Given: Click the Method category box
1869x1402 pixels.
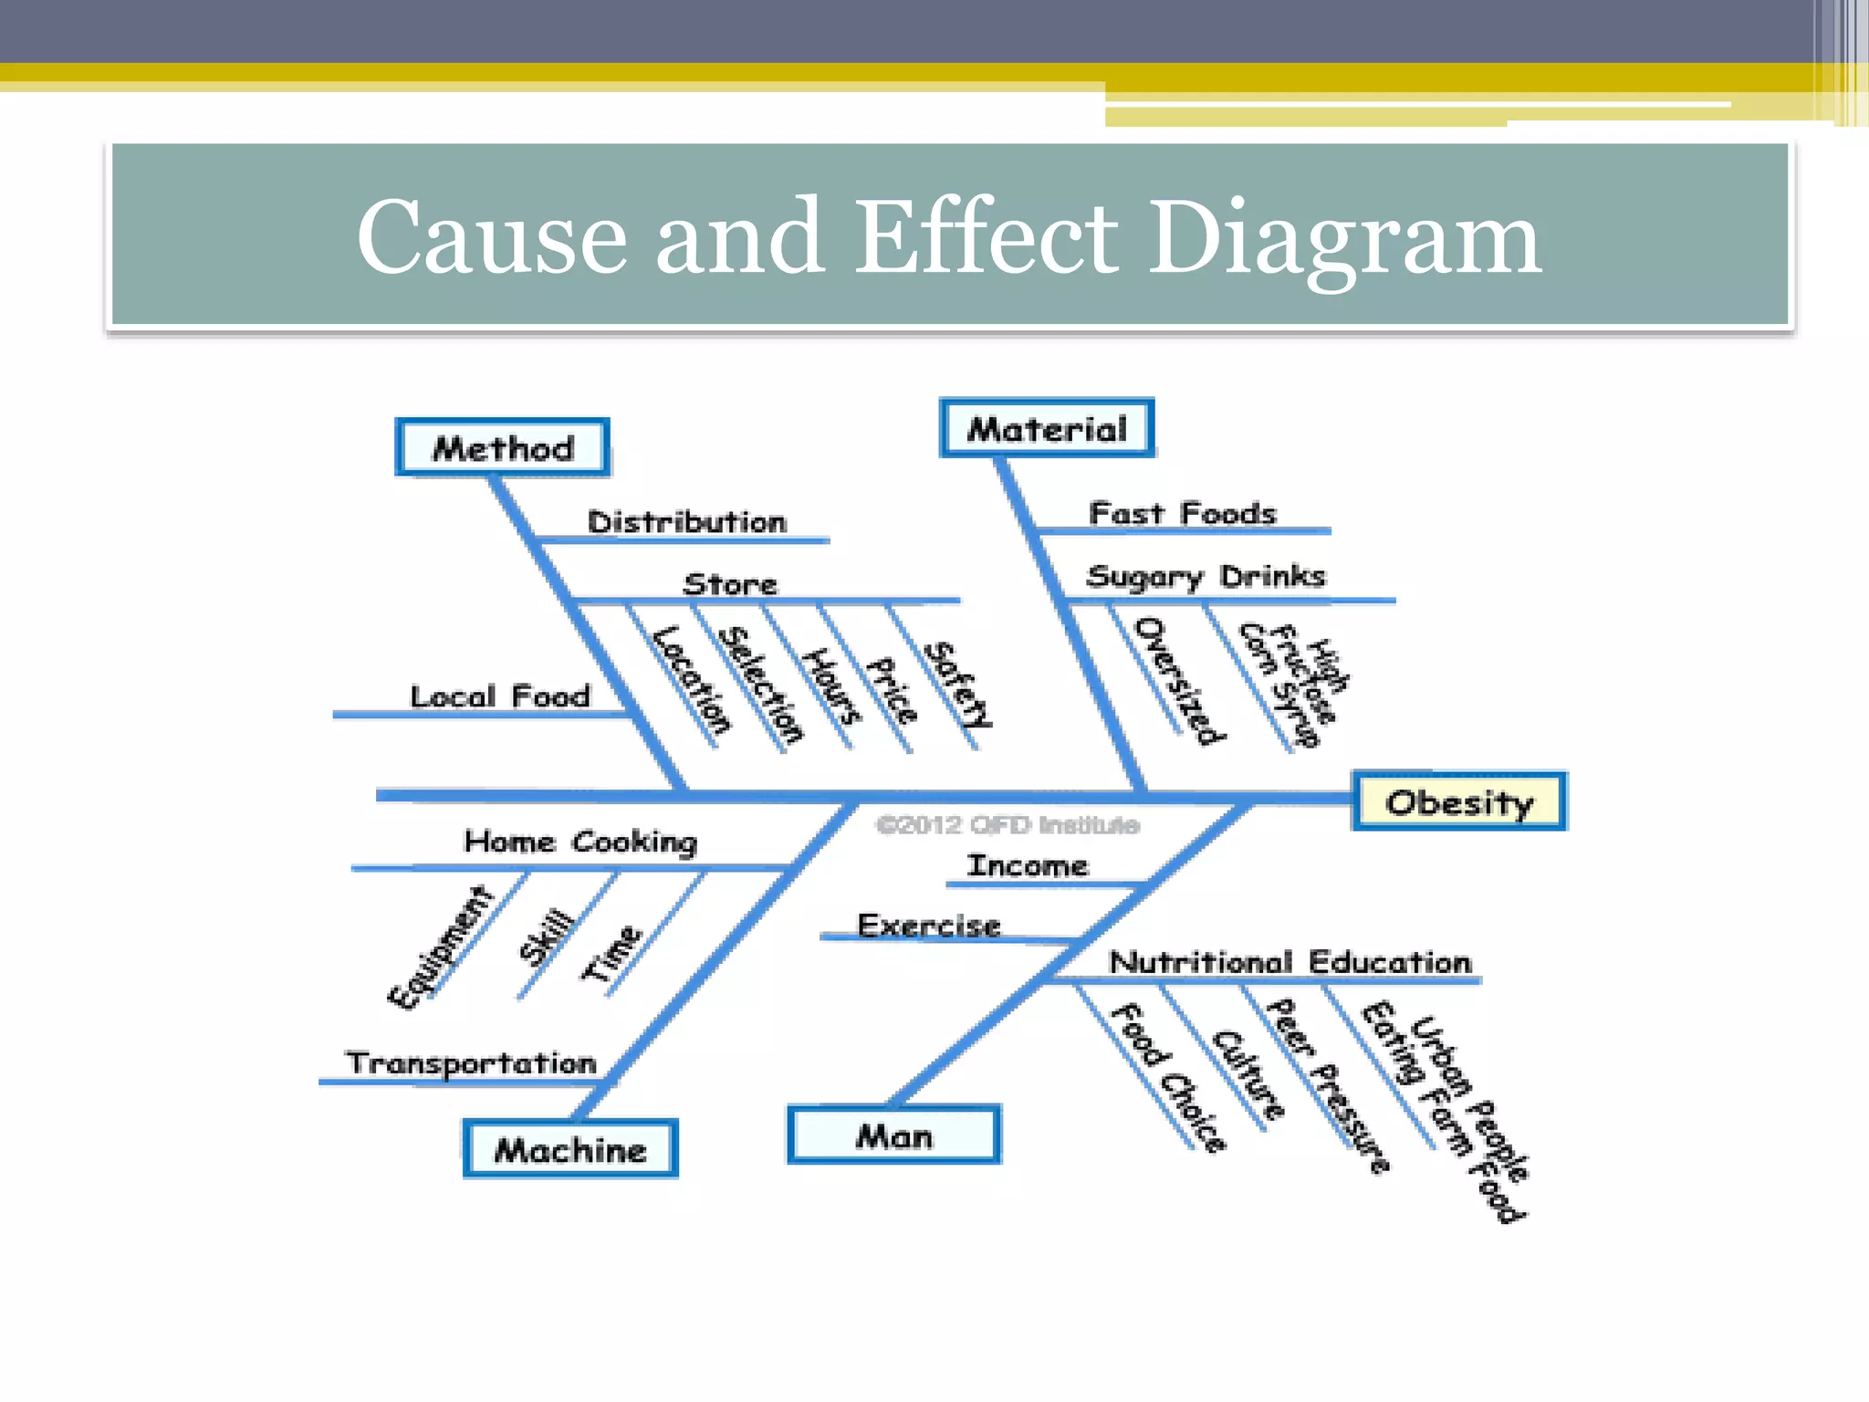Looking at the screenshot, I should [503, 447].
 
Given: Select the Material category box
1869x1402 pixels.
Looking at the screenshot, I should [1047, 428].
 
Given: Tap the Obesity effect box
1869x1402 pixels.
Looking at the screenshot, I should [1459, 801].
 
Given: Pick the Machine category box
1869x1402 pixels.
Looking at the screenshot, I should [570, 1149].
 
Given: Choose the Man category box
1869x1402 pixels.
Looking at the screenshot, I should [894, 1135].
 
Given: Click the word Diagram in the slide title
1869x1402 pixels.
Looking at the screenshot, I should [1343, 236].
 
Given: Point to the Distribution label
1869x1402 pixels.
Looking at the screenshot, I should [686, 522].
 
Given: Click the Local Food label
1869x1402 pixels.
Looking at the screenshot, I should [500, 696].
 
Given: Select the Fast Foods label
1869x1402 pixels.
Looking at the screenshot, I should [1182, 513].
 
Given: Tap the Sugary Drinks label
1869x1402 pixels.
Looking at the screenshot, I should [1206, 576].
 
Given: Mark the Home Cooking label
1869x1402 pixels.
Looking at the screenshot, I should [580, 841].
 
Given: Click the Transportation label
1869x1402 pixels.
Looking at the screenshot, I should [471, 1062].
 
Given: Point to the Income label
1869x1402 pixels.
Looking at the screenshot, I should [1028, 864].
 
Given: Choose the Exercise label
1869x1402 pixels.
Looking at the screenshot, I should [929, 926].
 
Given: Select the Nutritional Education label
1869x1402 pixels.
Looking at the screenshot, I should [1290, 961].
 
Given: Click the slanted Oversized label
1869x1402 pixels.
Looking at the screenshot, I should [1179, 680].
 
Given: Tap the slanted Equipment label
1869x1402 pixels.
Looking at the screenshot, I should [440, 947].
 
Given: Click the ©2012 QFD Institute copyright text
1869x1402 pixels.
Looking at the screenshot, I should [1008, 825].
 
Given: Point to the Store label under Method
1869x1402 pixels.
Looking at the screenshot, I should [730, 584].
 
